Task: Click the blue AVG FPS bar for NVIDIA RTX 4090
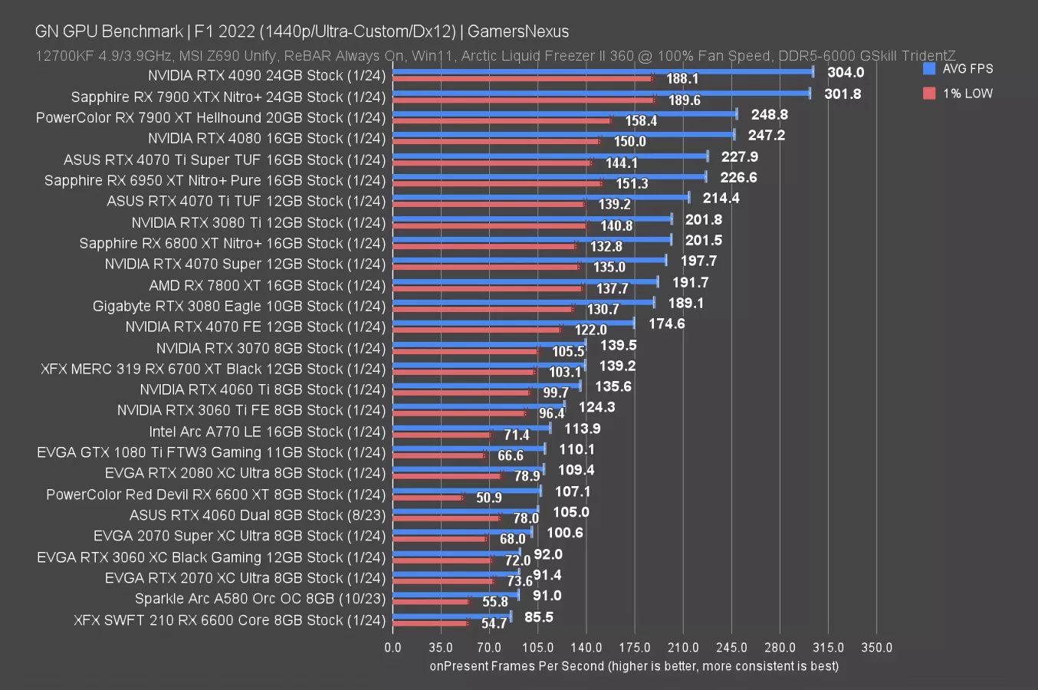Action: tap(603, 71)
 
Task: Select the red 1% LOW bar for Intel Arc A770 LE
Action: tap(442, 435)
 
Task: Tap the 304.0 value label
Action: tap(846, 72)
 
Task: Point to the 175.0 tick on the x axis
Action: tap(635, 647)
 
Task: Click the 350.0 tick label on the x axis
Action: tap(876, 647)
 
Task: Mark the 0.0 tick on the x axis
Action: tap(393, 647)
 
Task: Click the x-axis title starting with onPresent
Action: tap(634, 666)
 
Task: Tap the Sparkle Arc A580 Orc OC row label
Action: tap(260, 599)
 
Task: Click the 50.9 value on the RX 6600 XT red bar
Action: tap(489, 498)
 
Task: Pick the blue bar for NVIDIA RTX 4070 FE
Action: tap(513, 323)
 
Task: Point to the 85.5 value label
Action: tap(539, 616)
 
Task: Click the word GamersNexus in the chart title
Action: tap(518, 31)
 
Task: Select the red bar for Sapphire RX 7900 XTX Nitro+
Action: tap(523, 100)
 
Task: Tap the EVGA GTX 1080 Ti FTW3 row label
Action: tap(211, 452)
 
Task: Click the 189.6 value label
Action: tap(684, 100)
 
